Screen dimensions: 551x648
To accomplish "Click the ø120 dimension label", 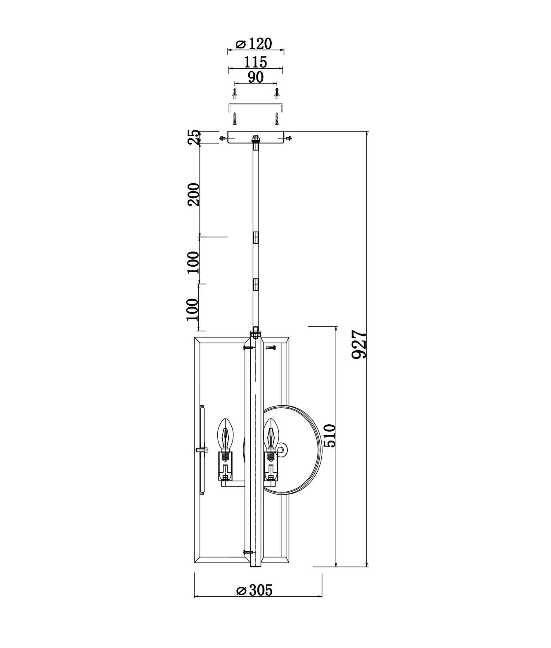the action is click(x=254, y=44).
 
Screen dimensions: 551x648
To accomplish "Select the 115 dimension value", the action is click(x=255, y=62).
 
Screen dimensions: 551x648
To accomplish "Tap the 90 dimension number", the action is click(x=256, y=77).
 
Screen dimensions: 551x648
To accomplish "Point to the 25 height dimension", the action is click(x=194, y=137).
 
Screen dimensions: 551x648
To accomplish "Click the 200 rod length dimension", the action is click(x=193, y=194).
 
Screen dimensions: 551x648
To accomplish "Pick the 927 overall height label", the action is click(x=359, y=344).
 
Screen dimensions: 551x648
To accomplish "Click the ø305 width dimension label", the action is click(x=254, y=591).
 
